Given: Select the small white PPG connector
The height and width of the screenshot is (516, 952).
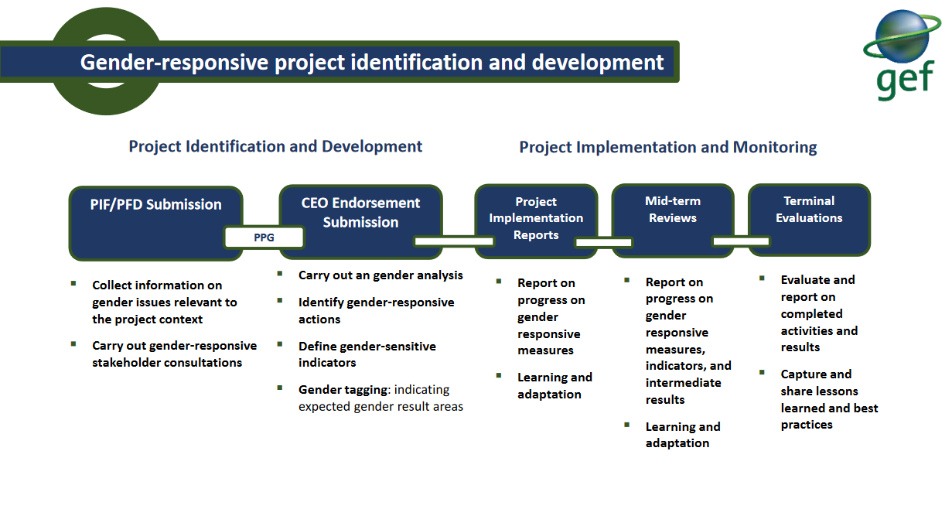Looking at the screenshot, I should pyautogui.click(x=264, y=237).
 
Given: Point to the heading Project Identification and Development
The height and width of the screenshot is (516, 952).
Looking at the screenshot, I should pyautogui.click(x=275, y=146).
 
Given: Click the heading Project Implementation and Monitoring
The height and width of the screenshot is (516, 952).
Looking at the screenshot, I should pyautogui.click(x=667, y=147).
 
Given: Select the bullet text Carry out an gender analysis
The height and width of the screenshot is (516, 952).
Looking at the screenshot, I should pyautogui.click(x=380, y=275).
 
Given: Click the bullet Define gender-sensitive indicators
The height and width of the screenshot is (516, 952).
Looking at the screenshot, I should pyautogui.click(x=367, y=354).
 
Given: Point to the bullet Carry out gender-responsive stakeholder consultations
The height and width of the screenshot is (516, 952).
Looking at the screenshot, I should pyautogui.click(x=174, y=354).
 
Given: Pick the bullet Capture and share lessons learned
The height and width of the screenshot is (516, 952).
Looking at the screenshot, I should pyautogui.click(x=829, y=399).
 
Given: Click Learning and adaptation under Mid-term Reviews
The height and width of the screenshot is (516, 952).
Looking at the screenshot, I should pyautogui.click(x=682, y=435).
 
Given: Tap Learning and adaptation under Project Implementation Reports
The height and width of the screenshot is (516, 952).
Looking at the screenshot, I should pyautogui.click(x=554, y=385).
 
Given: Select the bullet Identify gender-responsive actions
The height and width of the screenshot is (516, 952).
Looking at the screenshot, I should pyautogui.click(x=376, y=310).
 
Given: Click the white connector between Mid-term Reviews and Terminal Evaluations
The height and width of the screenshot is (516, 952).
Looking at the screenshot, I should pyautogui.click(x=741, y=241).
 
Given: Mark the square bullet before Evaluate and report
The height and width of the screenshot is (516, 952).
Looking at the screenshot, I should pyautogui.click(x=762, y=278).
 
